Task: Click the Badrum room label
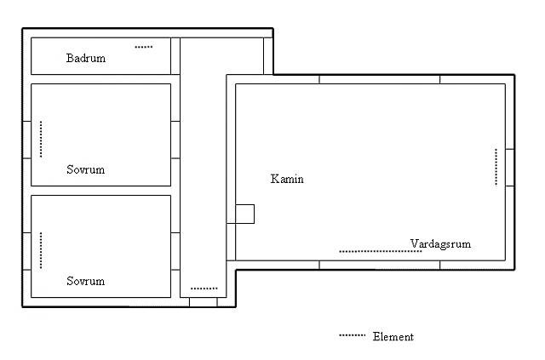point(86,58)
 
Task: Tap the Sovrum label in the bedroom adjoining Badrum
point(85,169)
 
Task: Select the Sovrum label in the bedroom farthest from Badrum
point(85,281)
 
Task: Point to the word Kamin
point(287,179)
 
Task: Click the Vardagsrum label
point(440,243)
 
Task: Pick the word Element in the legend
point(393,336)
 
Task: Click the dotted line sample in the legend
point(352,335)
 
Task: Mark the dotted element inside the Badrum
point(144,47)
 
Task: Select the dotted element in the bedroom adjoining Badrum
point(41,139)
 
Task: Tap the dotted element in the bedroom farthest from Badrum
point(41,250)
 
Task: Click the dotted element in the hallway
point(204,289)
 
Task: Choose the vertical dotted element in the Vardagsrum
point(496,167)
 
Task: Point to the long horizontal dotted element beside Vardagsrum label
point(381,251)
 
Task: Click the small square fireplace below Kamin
point(244,214)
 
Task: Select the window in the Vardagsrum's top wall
point(380,79)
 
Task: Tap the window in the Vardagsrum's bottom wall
point(380,265)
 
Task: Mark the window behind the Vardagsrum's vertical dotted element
point(510,168)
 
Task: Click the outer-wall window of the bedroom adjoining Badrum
point(26,140)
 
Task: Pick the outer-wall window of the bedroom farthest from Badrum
point(26,251)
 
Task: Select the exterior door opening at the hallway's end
point(204,302)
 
